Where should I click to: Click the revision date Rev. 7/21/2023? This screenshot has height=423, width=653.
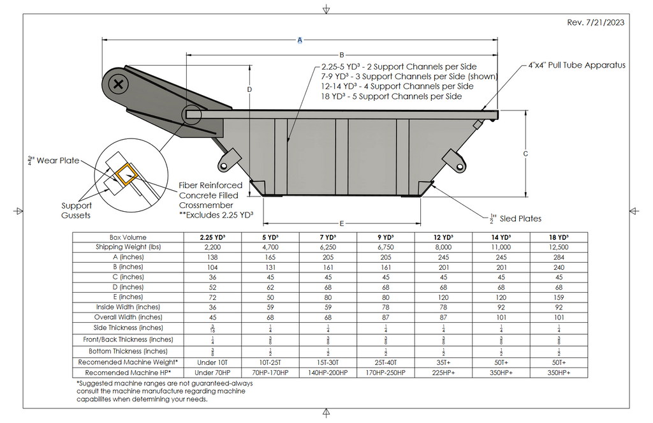tap(595, 22)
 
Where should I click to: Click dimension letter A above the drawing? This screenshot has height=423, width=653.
tap(300, 40)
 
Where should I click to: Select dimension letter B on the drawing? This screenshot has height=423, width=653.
tap(341, 55)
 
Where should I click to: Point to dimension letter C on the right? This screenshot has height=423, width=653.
tap(525, 154)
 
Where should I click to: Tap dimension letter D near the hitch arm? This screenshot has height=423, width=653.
tap(250, 89)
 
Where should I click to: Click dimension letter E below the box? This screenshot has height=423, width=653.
tap(342, 223)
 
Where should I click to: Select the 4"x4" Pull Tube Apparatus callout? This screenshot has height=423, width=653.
tap(577, 65)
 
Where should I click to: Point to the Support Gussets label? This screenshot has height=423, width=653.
tap(77, 211)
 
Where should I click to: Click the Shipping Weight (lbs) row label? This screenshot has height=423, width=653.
tap(128, 247)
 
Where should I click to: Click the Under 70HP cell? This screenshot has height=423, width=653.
tap(212, 372)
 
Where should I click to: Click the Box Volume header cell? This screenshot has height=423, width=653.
tap(128, 237)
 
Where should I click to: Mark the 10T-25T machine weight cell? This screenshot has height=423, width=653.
tap(270, 362)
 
